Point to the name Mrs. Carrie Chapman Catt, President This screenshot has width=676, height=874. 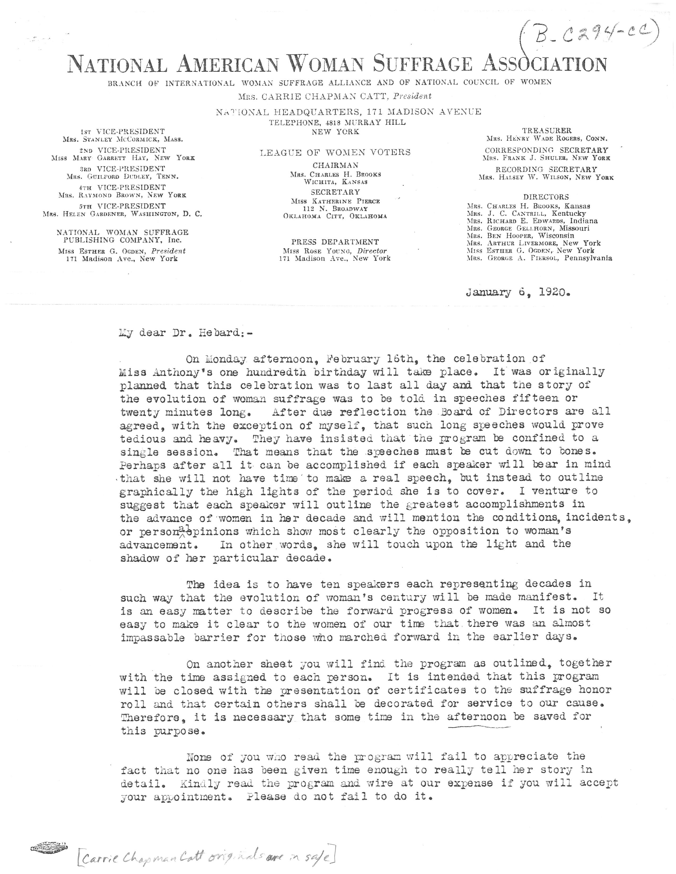coord(334,96)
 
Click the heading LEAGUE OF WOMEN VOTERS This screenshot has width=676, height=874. coord(335,153)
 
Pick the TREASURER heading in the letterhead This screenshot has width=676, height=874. coord(547,131)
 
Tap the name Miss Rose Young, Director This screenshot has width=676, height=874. coord(335,251)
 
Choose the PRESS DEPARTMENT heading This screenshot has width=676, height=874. coord(335,242)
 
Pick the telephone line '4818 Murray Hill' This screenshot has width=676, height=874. coord(337,122)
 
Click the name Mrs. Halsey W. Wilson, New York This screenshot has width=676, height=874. coord(546,177)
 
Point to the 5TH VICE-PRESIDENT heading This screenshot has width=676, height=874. coord(122,206)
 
